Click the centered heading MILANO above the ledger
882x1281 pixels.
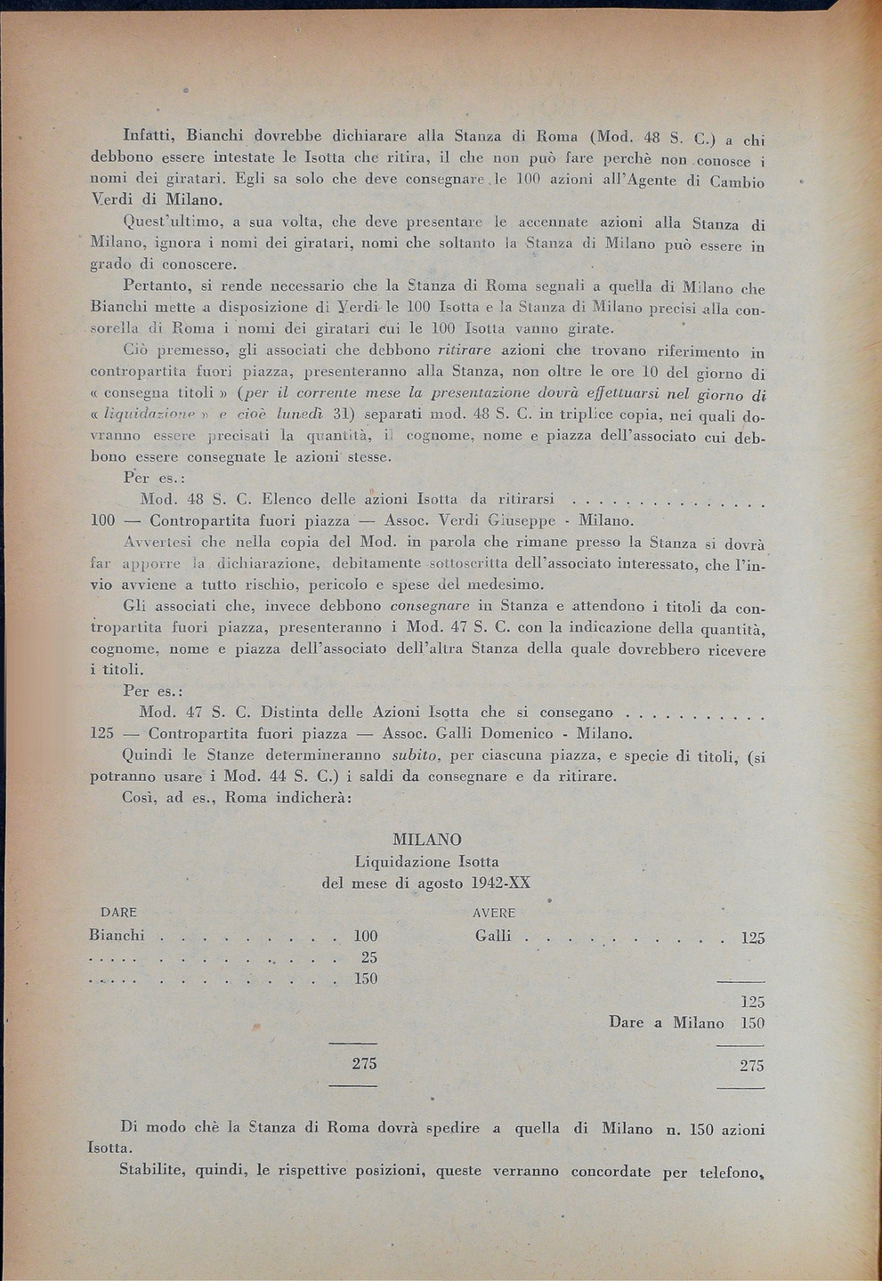point(426,840)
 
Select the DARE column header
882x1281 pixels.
point(117,913)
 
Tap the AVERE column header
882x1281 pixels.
point(494,913)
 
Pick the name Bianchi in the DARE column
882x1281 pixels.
point(117,935)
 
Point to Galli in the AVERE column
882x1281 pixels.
point(493,936)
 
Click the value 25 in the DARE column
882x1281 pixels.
point(368,957)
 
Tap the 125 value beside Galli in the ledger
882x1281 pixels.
point(752,938)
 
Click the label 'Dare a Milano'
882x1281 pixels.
point(666,1023)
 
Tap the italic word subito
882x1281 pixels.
point(417,755)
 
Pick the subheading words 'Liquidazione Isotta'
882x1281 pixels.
point(426,861)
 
